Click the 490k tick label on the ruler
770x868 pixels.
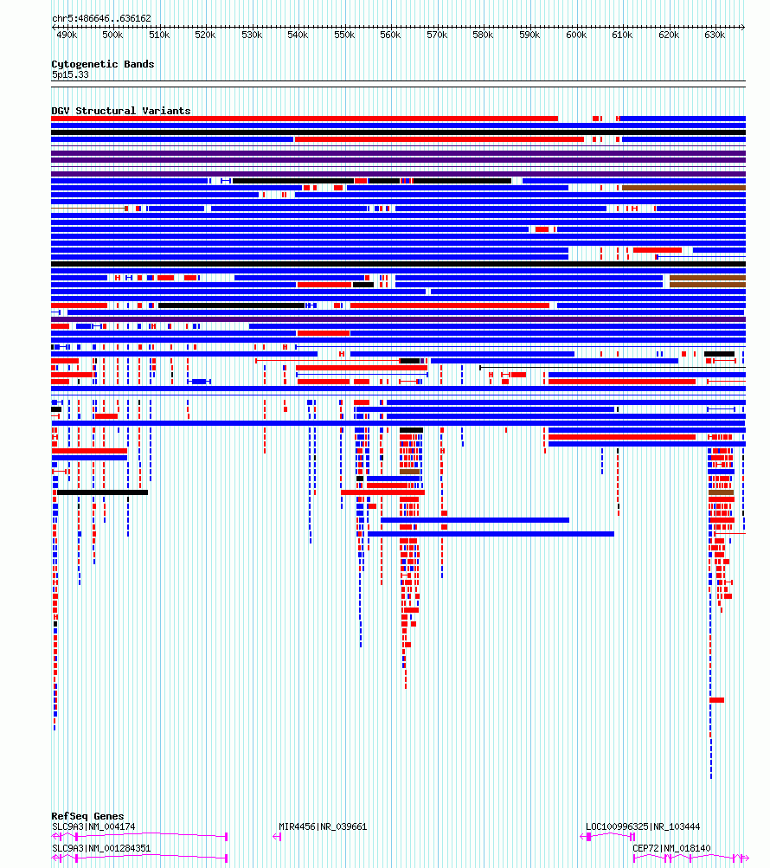coord(66,35)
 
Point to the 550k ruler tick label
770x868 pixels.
coord(343,35)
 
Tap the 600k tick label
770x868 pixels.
coord(575,35)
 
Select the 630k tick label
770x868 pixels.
coord(715,35)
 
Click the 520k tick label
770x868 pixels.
coord(205,35)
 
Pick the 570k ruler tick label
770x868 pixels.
coord(436,35)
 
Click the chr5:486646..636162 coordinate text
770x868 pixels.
coord(101,18)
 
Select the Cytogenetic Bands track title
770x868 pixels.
coord(102,64)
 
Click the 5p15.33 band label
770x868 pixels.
coord(69,74)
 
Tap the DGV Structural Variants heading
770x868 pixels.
coord(120,111)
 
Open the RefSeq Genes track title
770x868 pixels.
coord(87,816)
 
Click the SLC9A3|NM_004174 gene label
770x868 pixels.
coord(93,826)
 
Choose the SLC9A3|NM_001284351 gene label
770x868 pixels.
coord(101,848)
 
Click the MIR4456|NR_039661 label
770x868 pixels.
coord(323,826)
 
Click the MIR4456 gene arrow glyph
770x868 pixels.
coord(277,837)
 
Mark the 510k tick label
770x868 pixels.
coord(158,35)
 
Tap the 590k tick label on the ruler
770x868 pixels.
coord(529,35)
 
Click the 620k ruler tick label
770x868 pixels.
coord(668,35)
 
